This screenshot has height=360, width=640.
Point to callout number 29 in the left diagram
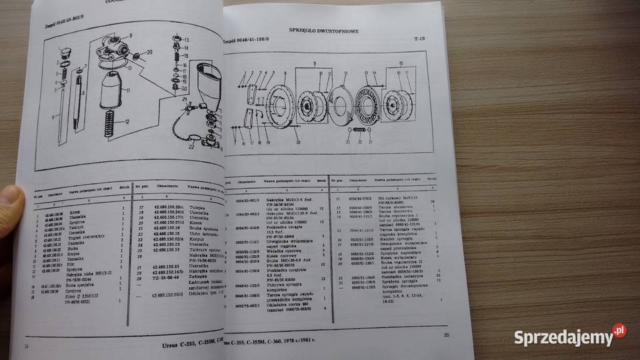[149, 52]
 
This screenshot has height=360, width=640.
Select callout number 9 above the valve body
[130, 35]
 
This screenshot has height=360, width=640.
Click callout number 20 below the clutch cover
[297, 143]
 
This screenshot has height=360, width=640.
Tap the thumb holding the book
[9, 200]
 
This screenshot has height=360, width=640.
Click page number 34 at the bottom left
[27, 347]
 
